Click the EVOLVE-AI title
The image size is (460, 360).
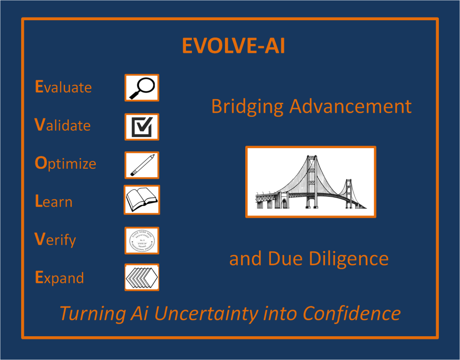233,46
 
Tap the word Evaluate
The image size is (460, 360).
63,87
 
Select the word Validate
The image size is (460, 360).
62,125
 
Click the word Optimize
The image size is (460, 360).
66,163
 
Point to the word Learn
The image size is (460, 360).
53,202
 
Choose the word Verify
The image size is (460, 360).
55,240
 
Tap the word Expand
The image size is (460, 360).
59,278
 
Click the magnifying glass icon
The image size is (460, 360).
142,88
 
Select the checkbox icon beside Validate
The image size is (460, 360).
142,127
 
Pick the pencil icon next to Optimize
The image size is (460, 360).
142,165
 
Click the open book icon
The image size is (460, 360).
142,200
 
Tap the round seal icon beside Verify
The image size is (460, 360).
142,241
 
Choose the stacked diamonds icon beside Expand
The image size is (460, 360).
142,277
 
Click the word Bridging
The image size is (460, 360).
247,107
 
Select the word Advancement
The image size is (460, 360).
350,106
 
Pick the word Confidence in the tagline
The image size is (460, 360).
351,313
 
